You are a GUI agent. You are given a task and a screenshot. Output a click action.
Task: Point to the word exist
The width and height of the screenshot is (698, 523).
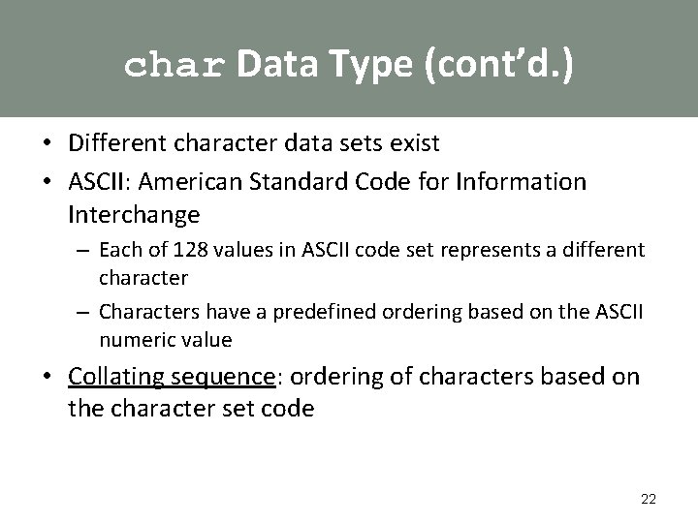click(x=415, y=143)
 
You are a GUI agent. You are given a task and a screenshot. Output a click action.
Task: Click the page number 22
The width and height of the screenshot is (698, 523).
click(x=649, y=499)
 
